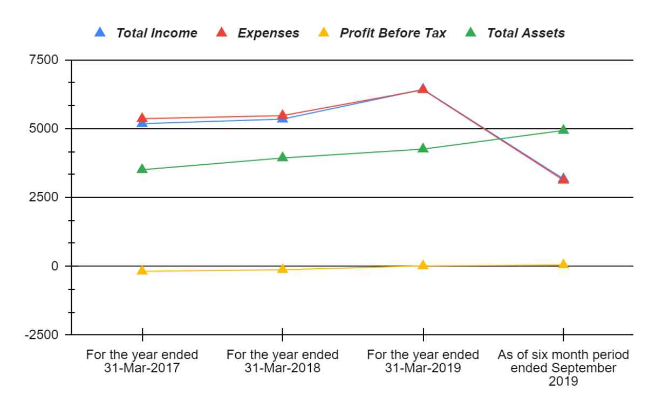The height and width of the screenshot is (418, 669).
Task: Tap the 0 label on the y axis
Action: (x=53, y=266)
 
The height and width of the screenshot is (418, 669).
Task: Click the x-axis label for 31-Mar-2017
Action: (x=142, y=361)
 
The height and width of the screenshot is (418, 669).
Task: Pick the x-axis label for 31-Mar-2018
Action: (x=283, y=361)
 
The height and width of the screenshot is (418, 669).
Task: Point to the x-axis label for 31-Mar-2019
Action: (x=423, y=361)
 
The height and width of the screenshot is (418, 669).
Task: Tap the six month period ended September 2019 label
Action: (x=563, y=368)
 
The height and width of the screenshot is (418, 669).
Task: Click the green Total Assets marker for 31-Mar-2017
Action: (x=142, y=169)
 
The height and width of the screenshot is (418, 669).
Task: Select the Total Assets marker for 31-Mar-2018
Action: (x=283, y=157)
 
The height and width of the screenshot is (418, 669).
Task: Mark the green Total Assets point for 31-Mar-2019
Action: (x=423, y=148)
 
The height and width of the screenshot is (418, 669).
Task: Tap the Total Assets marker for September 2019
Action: (x=563, y=129)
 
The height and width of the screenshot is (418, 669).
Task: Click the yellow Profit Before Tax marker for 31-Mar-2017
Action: (x=142, y=270)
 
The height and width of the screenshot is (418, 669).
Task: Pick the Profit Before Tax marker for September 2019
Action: (x=563, y=264)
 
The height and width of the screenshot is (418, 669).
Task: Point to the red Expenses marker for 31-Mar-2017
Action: (x=142, y=118)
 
